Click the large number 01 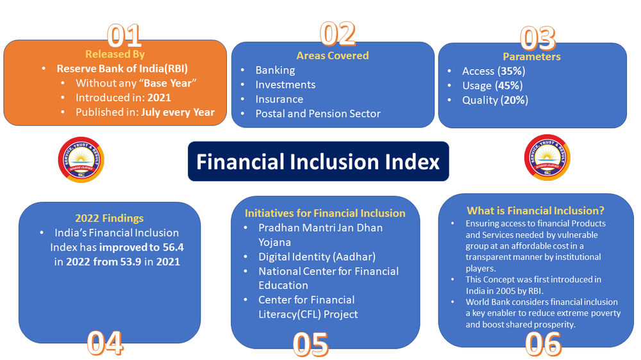[124, 36]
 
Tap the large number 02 [337, 33]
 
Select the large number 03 [537, 38]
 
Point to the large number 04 [105, 343]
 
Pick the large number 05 [310, 344]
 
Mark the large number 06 [543, 344]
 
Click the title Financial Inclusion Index [318, 161]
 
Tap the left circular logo [81, 158]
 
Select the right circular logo [547, 158]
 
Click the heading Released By [115, 54]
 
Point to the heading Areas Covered [332, 56]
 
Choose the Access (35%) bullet [492, 71]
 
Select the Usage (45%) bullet [492, 85]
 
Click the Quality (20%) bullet [495, 100]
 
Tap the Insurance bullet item [279, 99]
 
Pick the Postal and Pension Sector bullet [317, 113]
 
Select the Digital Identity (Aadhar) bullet [317, 257]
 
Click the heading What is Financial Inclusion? [536, 211]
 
